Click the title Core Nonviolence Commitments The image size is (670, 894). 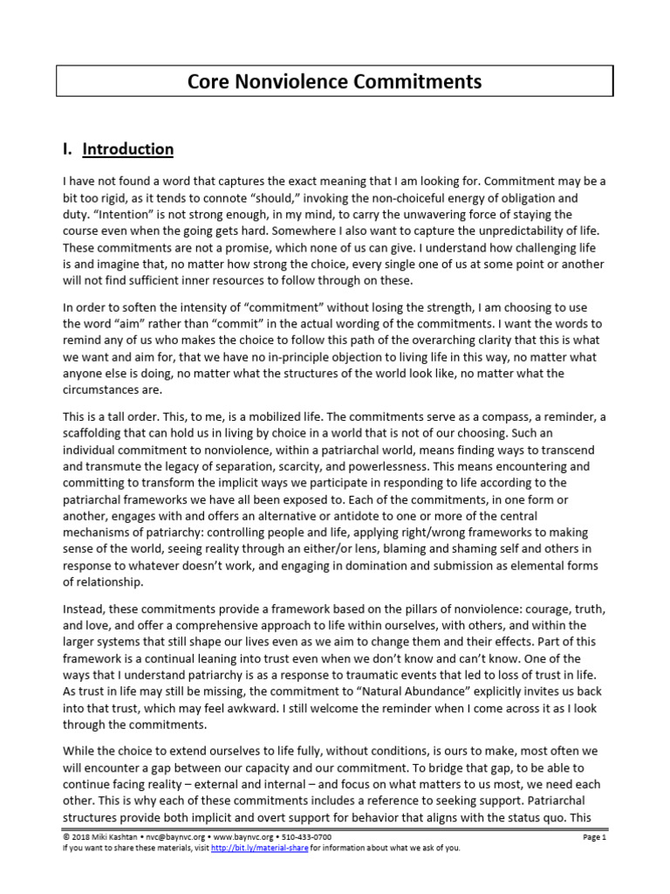tap(335, 82)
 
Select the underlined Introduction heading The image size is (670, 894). tap(128, 149)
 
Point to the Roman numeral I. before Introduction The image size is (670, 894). tap(67, 149)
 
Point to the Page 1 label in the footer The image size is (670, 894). tap(593, 836)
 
